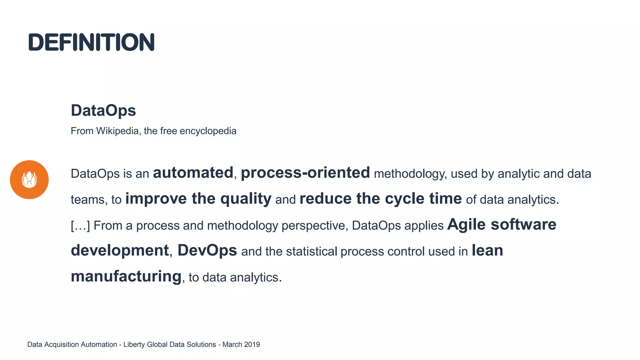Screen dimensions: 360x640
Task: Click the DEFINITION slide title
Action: pos(91,42)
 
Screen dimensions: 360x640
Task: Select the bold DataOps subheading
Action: pos(103,110)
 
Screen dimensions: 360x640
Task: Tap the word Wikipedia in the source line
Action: pos(117,131)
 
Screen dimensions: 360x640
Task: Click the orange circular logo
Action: pos(29,180)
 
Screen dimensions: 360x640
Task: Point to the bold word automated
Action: pos(193,173)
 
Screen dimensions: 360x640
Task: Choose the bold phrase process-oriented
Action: pos(305,173)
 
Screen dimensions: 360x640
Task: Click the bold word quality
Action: pos(246,199)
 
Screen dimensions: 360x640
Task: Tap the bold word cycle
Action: pos(404,199)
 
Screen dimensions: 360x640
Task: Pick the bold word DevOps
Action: pos(207,250)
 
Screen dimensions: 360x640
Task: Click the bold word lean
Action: pos(487,250)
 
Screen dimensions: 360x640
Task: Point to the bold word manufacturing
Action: pos(126,276)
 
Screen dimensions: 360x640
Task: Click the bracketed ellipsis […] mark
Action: pos(80,225)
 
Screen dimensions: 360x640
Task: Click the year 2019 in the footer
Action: pos(252,344)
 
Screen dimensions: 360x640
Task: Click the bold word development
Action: pos(120,250)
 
